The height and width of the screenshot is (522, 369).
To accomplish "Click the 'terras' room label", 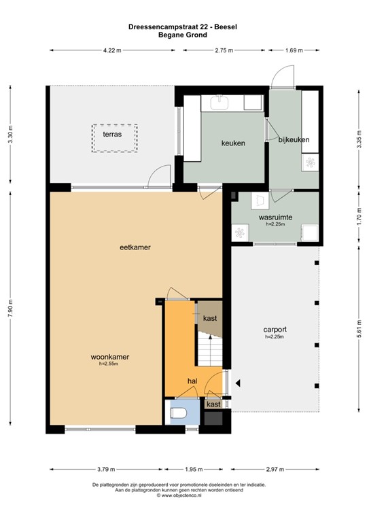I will (112, 135).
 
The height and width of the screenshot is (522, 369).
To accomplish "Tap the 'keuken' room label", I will (232, 143).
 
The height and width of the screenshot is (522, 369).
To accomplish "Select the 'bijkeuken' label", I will (294, 139).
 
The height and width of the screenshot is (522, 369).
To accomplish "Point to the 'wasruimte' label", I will (275, 217).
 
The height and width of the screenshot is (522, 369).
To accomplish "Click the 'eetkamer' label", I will (135, 247).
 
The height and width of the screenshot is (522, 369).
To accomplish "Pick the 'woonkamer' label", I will (109, 357).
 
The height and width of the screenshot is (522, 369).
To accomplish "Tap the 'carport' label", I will (275, 329).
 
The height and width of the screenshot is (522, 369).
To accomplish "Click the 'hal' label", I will (193, 381).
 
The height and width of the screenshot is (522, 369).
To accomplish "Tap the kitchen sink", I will (219, 103).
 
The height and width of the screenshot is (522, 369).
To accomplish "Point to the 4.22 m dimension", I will (112, 50).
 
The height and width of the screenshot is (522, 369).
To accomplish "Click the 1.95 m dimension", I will (194, 468).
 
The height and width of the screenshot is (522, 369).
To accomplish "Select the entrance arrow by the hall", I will (236, 382).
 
